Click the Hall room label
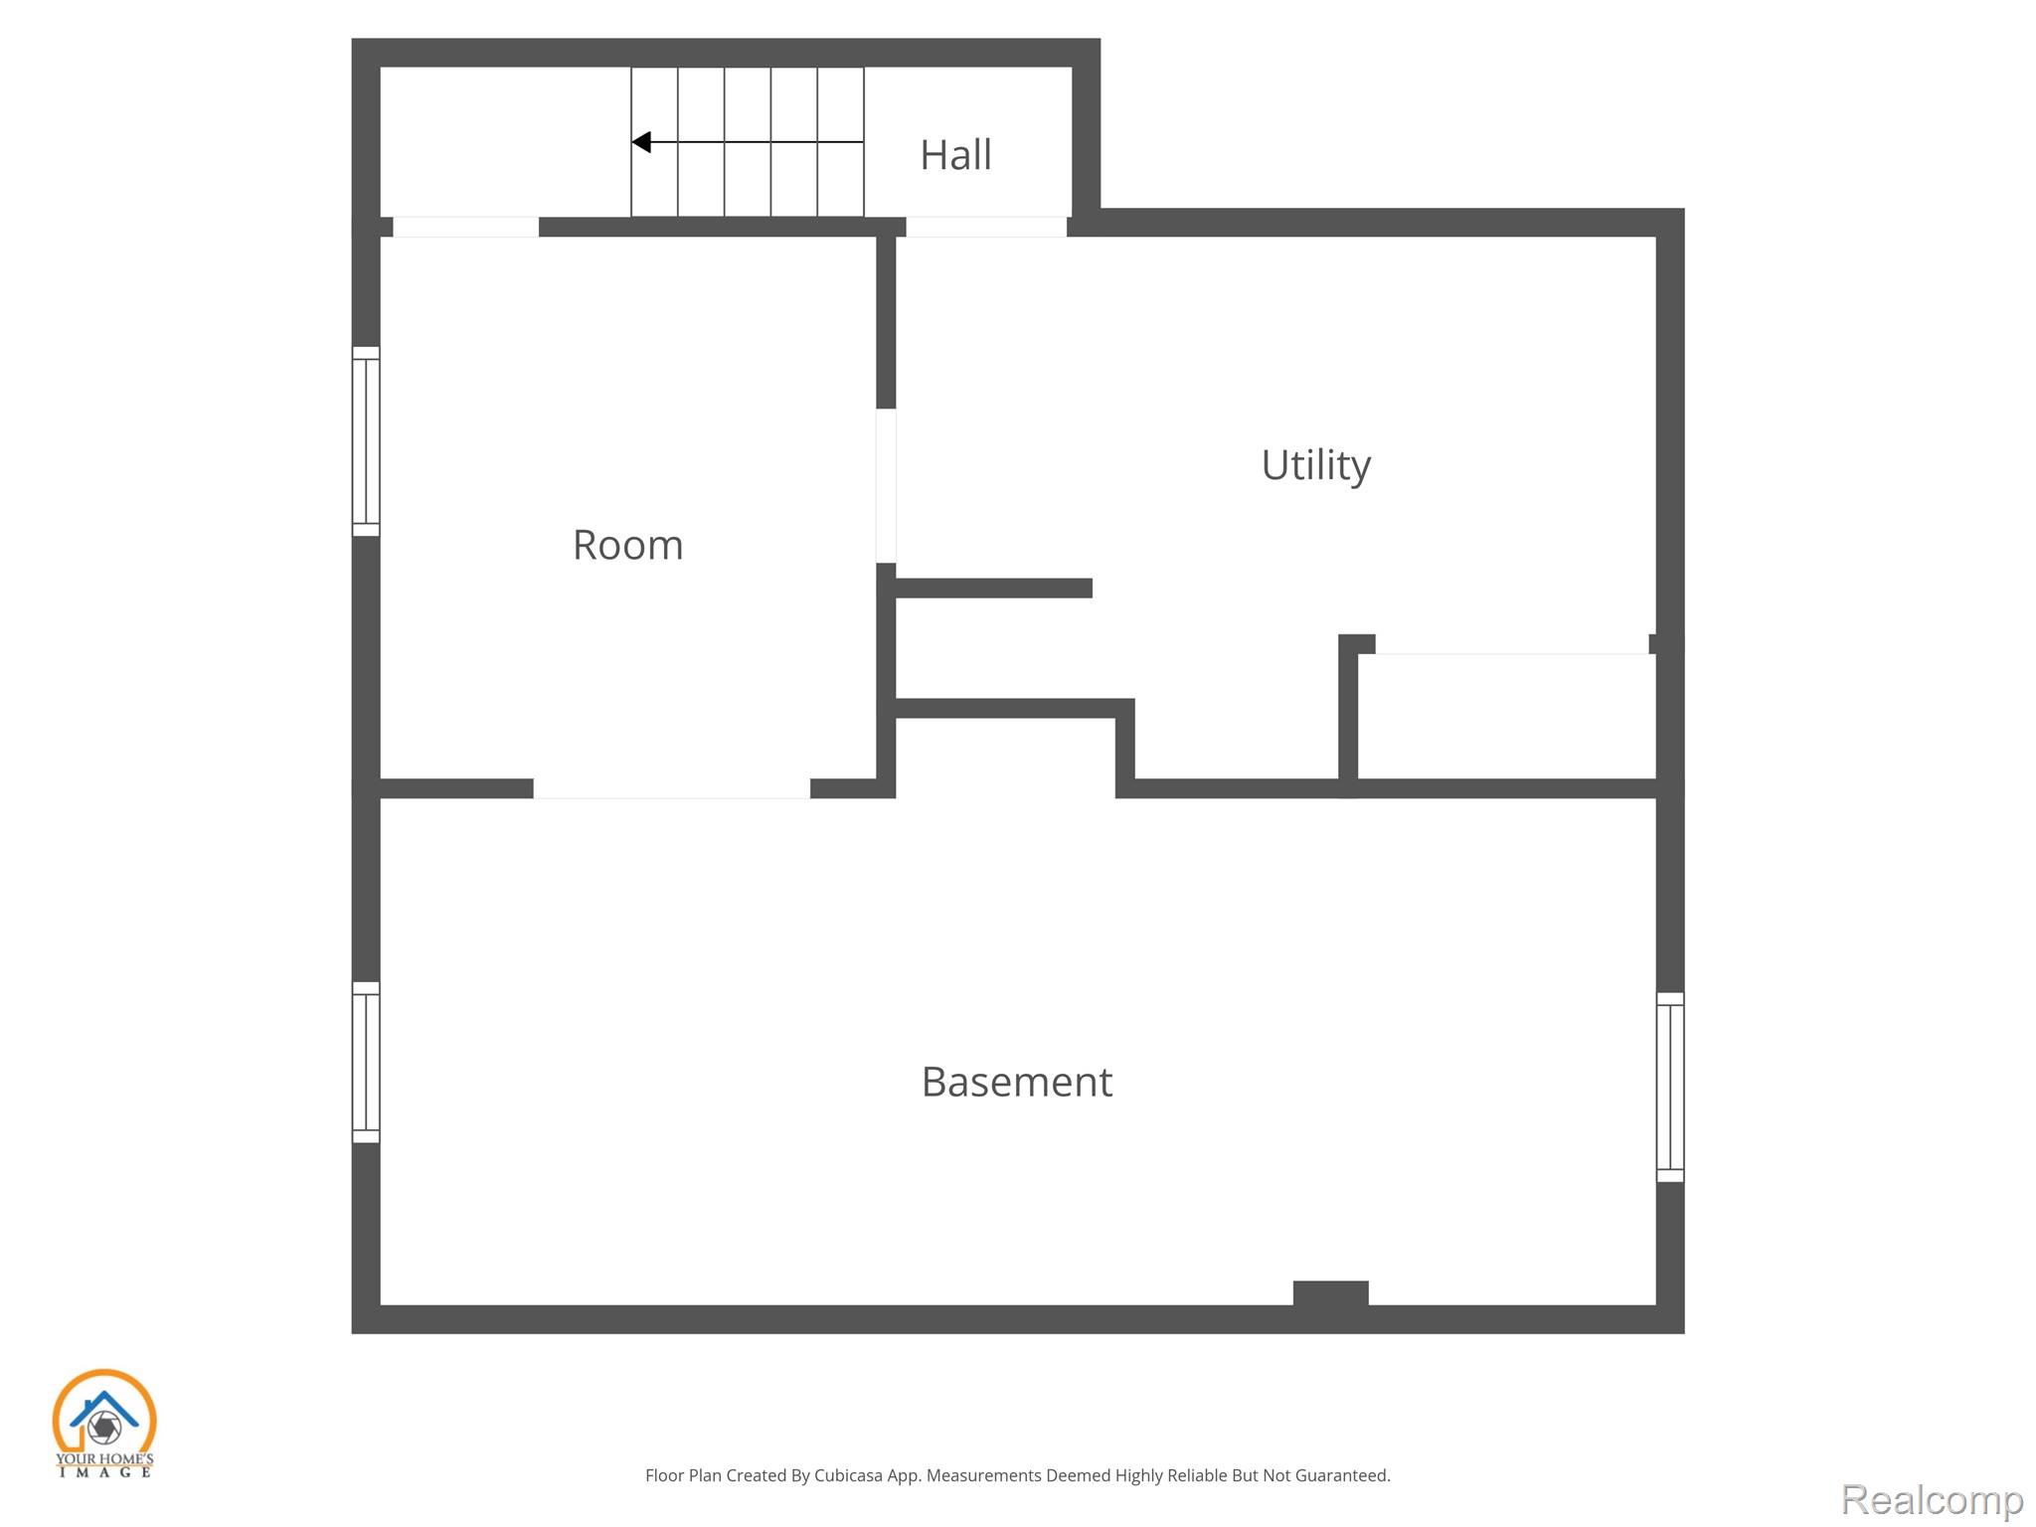coord(955,155)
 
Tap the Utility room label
coord(1316,465)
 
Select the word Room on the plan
coord(628,545)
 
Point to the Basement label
coord(1017,1082)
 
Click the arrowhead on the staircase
coord(641,142)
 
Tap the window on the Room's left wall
coord(366,441)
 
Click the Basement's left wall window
coord(366,1062)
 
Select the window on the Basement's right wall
coord(1670,1087)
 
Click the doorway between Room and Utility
coord(886,486)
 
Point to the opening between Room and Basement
coord(672,788)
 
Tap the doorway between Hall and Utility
coord(986,227)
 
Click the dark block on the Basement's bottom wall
coord(1331,1293)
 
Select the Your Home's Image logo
coord(104,1423)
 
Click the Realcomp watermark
coord(1932,1499)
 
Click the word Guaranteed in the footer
coord(1341,1475)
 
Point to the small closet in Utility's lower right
coord(1506,716)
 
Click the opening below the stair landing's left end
coord(466,227)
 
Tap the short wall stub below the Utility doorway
coord(994,588)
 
